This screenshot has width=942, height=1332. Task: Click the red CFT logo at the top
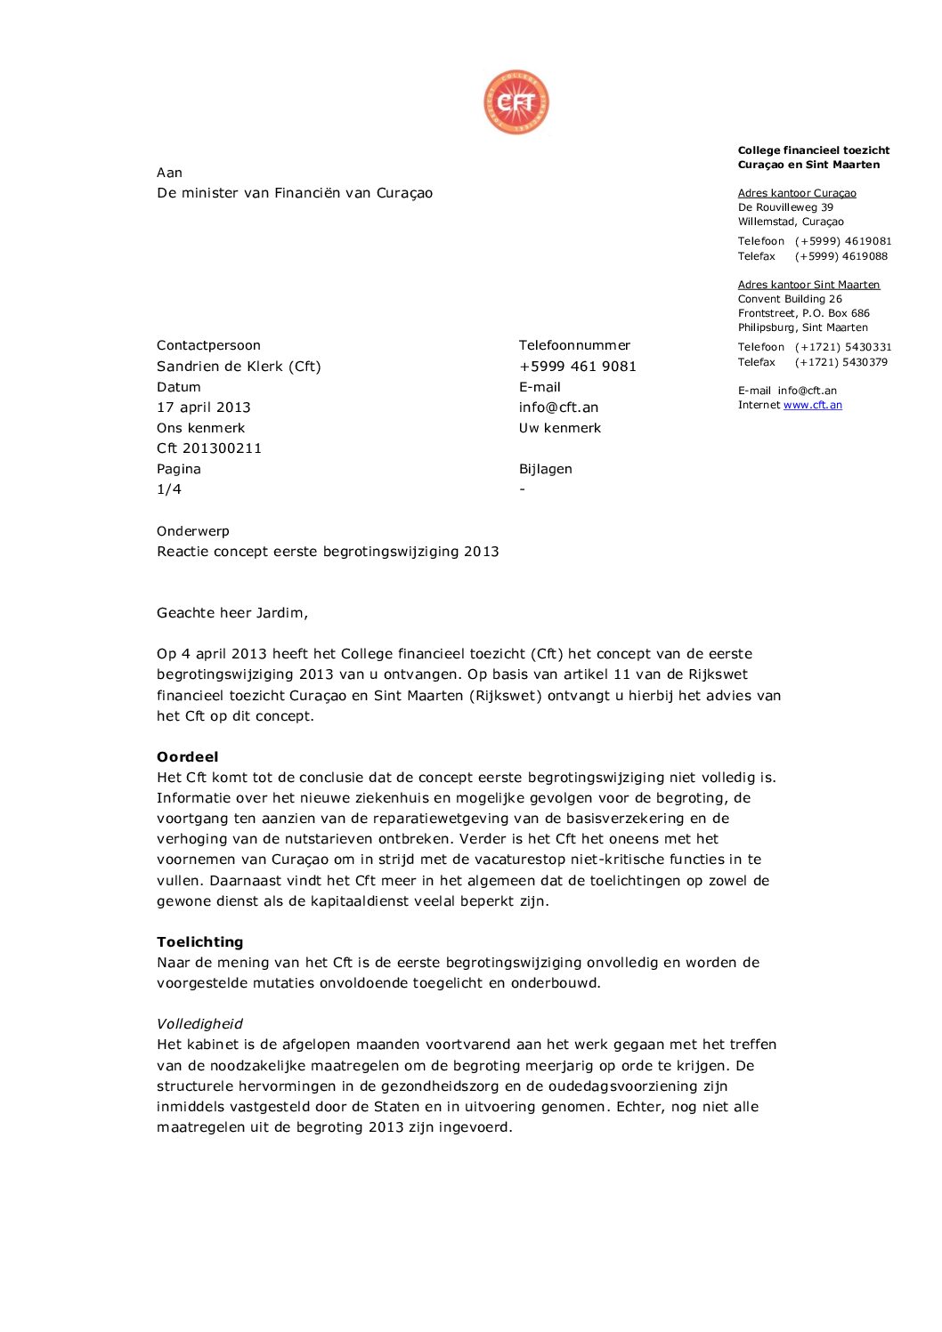point(516,103)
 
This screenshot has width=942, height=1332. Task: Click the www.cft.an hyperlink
point(812,405)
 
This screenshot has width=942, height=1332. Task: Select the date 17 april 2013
point(204,408)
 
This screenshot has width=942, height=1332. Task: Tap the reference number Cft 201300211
point(209,448)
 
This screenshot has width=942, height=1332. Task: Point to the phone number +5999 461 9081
point(578,367)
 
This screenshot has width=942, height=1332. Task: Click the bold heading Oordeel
point(188,757)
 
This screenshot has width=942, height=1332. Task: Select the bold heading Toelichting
point(200,942)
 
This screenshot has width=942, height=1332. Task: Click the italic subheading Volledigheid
point(199,1024)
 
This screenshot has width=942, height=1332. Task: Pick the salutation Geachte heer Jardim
point(232,613)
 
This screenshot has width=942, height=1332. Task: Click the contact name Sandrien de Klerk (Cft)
point(239,367)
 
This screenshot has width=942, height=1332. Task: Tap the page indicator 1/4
point(169,489)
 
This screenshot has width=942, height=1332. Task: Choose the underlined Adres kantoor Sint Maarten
point(808,285)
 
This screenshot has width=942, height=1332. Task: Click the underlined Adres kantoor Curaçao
point(797,193)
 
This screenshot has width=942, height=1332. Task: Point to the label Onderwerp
point(193,531)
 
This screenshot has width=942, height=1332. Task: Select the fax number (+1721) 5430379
point(841,362)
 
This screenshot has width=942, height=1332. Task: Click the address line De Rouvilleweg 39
point(785,207)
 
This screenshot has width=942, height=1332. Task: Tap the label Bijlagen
point(546,469)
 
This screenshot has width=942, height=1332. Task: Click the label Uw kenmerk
point(560,428)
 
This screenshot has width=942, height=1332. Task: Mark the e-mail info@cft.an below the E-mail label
point(559,408)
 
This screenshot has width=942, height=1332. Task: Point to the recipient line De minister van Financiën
point(295,193)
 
